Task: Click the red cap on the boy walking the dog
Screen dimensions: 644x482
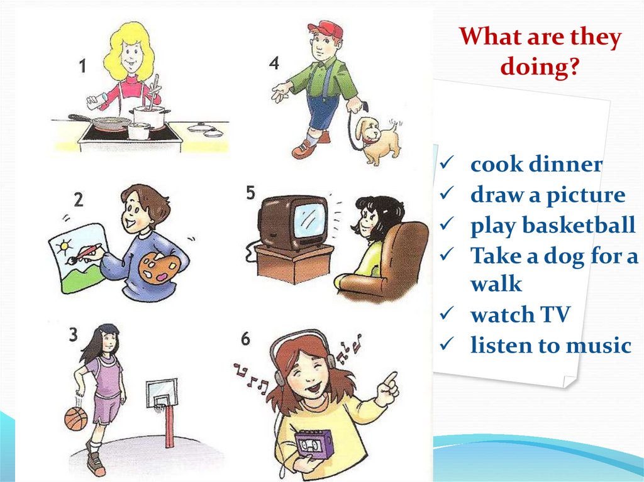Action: tap(326, 30)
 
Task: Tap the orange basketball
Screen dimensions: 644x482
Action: tap(76, 419)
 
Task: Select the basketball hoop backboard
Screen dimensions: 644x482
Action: tap(162, 393)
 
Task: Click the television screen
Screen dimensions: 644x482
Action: tap(309, 221)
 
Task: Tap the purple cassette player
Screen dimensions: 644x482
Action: tap(314, 444)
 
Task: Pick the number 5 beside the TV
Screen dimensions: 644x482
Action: tap(250, 192)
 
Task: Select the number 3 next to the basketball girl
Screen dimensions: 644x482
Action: tap(73, 334)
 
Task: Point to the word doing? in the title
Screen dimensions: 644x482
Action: tap(540, 66)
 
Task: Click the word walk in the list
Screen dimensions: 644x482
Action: tap(496, 283)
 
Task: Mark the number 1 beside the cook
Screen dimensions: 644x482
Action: tap(82, 66)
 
